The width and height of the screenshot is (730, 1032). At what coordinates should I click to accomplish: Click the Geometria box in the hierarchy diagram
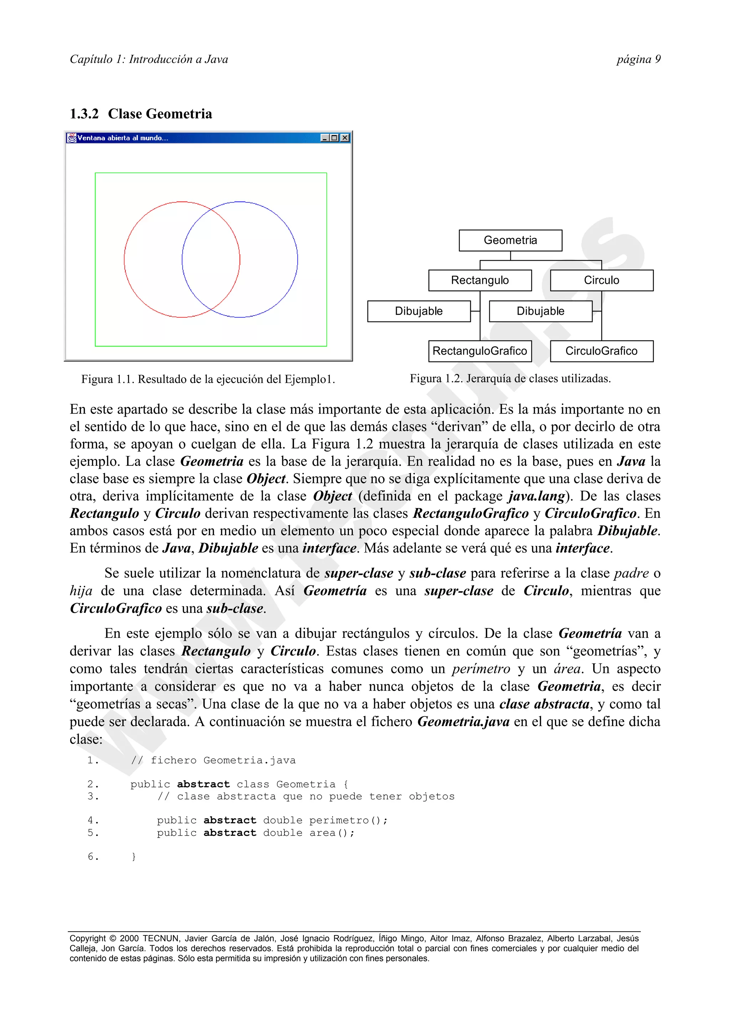tap(510, 240)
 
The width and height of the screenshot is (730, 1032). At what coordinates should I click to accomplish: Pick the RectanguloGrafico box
tap(479, 351)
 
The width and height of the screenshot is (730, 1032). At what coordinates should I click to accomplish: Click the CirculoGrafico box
tap(601, 351)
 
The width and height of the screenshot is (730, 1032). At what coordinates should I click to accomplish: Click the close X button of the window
tap(345, 138)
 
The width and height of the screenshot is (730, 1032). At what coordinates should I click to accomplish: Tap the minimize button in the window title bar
tap(325, 138)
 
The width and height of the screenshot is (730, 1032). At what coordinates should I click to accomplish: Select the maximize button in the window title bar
tap(334, 138)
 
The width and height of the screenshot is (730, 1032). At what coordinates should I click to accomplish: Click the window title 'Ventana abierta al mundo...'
tap(122, 138)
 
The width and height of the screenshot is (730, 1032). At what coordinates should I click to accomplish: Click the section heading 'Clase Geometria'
tap(160, 114)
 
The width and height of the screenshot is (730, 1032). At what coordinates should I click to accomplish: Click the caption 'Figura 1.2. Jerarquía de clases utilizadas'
tap(510, 379)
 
